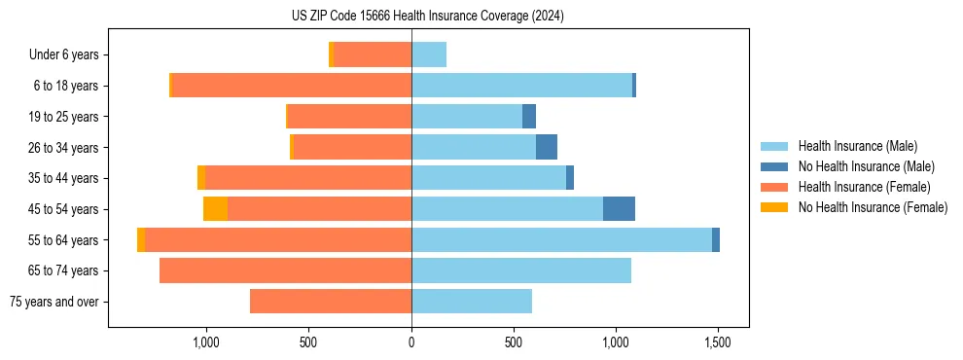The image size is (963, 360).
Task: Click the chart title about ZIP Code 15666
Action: pyautogui.click(x=428, y=17)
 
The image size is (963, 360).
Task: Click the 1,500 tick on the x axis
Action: pyautogui.click(x=718, y=342)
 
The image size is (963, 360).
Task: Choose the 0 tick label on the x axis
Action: pyautogui.click(x=411, y=342)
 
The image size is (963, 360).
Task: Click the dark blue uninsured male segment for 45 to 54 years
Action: pyautogui.click(x=619, y=209)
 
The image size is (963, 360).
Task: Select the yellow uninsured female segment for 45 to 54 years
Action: pyautogui.click(x=215, y=209)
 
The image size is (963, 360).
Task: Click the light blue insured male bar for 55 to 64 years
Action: pyautogui.click(x=561, y=240)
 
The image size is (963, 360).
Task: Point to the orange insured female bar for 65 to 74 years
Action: pyautogui.click(x=285, y=270)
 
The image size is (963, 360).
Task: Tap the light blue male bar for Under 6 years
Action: pyautogui.click(x=429, y=55)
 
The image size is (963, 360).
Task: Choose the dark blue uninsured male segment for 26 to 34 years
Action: pyautogui.click(x=547, y=148)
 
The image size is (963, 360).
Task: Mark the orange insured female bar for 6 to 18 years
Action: pyautogui.click(x=292, y=86)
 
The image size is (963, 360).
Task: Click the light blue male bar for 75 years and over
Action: pyautogui.click(x=472, y=302)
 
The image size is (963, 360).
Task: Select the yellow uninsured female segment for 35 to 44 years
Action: pyautogui.click(x=201, y=178)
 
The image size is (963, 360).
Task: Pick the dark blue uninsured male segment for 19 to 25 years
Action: pyautogui.click(x=529, y=117)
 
